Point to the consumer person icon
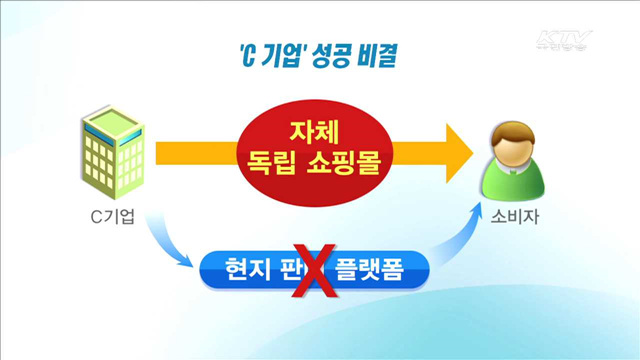click(517, 159)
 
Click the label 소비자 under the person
click(517, 218)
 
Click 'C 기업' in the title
click(262, 57)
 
